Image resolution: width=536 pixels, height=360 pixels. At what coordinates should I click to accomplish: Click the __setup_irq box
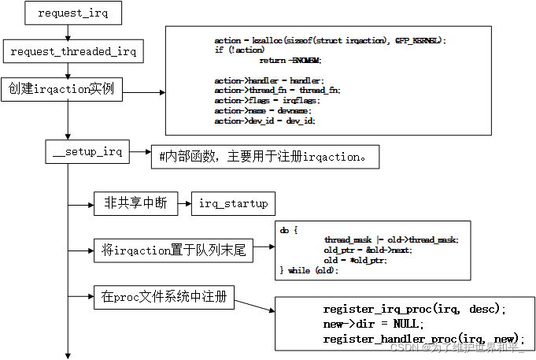pos(87,152)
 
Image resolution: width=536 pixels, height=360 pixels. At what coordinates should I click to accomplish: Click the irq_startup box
pos(233,204)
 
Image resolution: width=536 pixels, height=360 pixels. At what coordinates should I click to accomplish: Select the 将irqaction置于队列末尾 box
pos(174,251)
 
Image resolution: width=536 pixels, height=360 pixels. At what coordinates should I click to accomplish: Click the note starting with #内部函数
pos(264,156)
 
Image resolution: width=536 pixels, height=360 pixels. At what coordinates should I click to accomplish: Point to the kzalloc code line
pos(330,40)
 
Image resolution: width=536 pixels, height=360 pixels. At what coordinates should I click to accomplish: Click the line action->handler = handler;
pos(268,80)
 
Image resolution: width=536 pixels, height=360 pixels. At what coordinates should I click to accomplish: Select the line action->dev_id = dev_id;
pos(264,121)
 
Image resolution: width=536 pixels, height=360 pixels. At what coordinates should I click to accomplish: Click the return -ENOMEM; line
pos(290,61)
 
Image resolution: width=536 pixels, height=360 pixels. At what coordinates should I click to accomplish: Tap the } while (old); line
pos(309,270)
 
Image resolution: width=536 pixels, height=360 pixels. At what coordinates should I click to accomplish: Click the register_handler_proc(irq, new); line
pos(423,338)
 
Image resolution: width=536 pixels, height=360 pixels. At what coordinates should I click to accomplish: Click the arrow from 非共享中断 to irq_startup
pos(183,204)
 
